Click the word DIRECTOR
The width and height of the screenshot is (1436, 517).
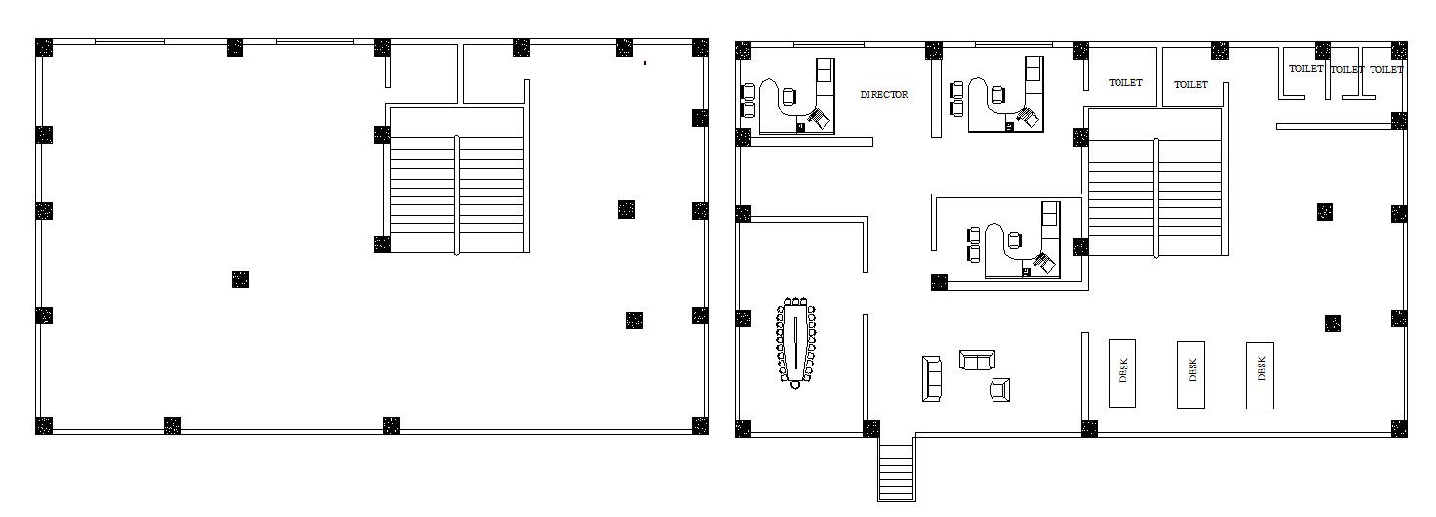pos(884,94)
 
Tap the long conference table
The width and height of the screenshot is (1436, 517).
pos(796,342)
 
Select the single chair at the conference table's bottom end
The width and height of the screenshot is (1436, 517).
pos(795,385)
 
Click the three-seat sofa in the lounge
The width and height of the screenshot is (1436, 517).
pos(932,378)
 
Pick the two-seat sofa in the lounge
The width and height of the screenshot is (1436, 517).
pos(977,360)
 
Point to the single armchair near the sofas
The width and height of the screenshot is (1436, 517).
pos(1000,389)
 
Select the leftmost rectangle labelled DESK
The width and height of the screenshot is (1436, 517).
pos(1122,373)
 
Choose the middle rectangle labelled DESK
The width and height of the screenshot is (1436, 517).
pos(1191,374)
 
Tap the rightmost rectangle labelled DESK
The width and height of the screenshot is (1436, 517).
pos(1260,375)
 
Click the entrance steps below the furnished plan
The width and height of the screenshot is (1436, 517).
pos(896,471)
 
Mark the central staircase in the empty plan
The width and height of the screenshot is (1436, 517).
pos(457,179)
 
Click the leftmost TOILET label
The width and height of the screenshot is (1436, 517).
pos(1125,83)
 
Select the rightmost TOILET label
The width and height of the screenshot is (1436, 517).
pos(1386,70)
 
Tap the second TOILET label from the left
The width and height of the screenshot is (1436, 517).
pos(1191,85)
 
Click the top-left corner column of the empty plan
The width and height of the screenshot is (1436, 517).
pos(44,48)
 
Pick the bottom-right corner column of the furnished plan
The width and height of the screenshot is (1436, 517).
pos(1399,428)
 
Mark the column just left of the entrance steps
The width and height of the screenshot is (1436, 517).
pos(871,428)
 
